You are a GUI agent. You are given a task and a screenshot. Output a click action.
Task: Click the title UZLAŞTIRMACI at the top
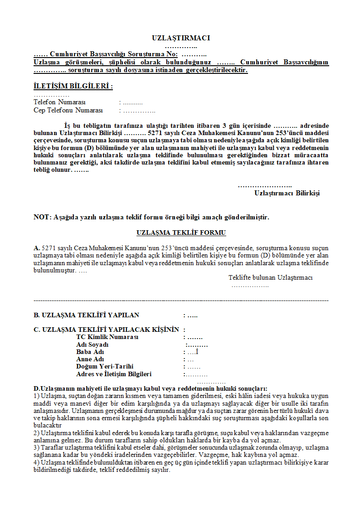point(181,39)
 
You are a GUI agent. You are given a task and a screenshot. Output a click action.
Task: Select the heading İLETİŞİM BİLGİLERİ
point(73,86)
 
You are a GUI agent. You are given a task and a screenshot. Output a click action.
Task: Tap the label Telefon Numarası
point(59,102)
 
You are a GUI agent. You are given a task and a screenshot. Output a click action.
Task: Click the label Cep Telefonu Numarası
point(68,110)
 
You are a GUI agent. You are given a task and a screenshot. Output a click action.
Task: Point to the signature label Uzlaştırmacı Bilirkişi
point(287,193)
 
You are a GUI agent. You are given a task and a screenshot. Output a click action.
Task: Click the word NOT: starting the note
point(43,217)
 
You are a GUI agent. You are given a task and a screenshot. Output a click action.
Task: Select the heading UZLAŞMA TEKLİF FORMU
point(181,233)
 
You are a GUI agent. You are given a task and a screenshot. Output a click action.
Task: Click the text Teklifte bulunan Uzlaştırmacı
point(270,277)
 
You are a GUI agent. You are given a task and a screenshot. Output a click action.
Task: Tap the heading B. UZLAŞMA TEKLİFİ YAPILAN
point(87,315)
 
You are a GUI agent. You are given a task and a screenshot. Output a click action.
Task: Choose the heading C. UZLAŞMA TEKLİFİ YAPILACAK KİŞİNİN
point(106,330)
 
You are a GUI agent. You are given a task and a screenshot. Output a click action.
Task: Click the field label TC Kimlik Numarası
point(107,337)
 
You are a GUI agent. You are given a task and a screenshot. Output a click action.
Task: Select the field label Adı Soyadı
point(92,345)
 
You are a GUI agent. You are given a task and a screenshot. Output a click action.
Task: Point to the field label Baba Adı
point(90,352)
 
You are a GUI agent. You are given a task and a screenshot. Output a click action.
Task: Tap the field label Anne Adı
point(90,359)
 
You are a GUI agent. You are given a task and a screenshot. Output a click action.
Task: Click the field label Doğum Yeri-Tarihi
point(105,367)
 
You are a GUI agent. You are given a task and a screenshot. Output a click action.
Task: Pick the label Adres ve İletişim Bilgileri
point(114,374)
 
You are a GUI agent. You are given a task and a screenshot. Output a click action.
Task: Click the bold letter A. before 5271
point(37,248)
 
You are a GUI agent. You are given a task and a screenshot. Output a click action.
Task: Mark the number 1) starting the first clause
point(37,396)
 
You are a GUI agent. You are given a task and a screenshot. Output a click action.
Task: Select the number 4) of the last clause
point(37,462)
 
